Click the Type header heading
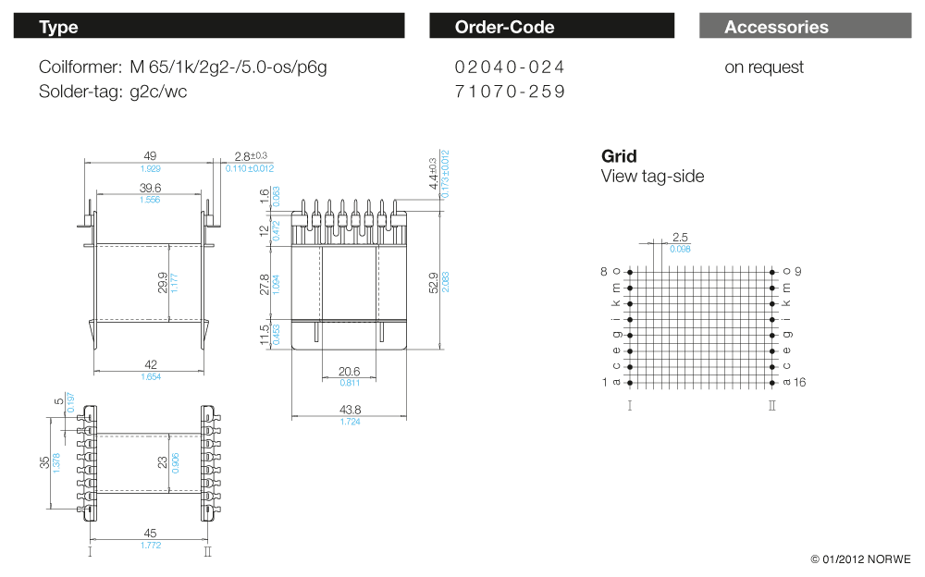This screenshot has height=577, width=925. (58, 27)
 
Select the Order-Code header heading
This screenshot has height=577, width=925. (504, 27)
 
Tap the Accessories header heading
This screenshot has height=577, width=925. (776, 27)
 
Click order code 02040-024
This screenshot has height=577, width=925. (510, 68)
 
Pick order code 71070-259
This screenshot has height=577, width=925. (510, 92)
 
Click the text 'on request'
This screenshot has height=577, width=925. (764, 68)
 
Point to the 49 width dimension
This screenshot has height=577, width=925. (150, 156)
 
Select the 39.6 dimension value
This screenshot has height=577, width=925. (150, 189)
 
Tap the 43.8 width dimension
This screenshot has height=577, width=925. (350, 410)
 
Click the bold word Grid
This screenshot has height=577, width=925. (619, 156)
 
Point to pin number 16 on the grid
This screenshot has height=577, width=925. (800, 382)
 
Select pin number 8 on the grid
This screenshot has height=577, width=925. (604, 272)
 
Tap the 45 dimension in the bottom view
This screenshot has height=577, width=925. (150, 533)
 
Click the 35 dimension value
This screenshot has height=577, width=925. (44, 461)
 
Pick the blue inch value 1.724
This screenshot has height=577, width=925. (350, 422)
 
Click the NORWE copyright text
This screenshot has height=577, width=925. (860, 559)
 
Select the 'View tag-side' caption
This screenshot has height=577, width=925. (652, 177)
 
